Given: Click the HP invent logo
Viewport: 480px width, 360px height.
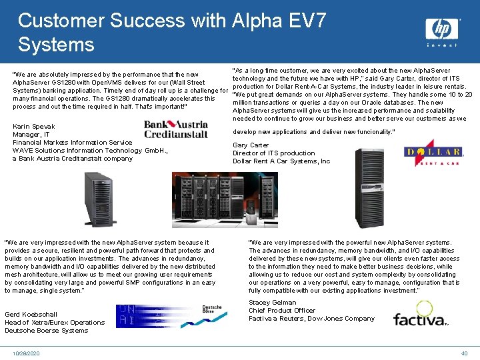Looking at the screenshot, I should (442, 31).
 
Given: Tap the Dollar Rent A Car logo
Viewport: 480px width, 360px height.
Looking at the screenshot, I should (433, 153).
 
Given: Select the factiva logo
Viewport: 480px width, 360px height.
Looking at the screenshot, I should (420, 313).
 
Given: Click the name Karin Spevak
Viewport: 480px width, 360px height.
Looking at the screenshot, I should (34, 126).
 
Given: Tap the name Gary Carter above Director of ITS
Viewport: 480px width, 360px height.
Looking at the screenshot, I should (251, 145).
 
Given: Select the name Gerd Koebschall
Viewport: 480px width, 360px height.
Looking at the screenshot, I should (31, 314).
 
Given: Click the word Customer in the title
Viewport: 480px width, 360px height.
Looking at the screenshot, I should (58, 21).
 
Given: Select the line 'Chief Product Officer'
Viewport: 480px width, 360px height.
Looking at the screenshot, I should (282, 310).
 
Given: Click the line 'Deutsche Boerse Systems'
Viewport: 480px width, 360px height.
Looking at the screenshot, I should (47, 330).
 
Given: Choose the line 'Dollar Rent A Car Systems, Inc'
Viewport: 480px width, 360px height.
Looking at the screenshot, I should (281, 161).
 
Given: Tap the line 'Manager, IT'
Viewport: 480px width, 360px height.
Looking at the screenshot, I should (31, 134).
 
